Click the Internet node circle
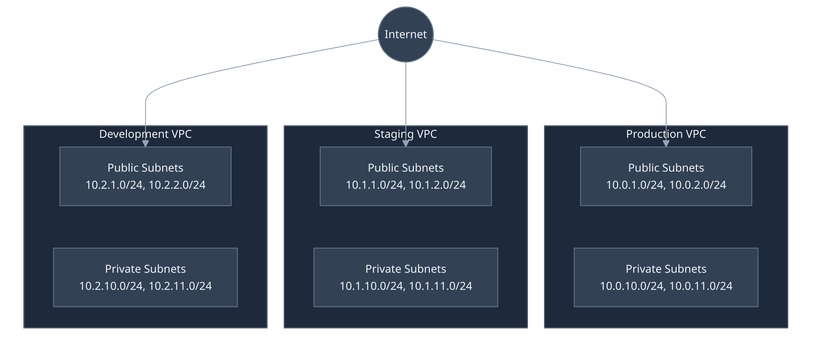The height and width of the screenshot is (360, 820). (405, 35)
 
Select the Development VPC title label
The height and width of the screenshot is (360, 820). (145, 134)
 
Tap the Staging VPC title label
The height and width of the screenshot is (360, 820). (405, 134)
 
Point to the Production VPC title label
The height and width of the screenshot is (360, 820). (666, 134)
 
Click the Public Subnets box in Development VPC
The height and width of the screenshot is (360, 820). (145, 176)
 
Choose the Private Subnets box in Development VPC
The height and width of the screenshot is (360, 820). (145, 277)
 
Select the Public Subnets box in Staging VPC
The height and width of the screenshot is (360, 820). (405, 176)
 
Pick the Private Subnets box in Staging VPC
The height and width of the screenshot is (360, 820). (405, 277)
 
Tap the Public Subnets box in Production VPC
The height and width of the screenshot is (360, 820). (666, 176)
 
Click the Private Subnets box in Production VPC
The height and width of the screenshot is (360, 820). (666, 277)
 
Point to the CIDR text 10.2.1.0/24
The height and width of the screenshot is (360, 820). (115, 185)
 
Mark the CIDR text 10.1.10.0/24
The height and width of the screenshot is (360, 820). (371, 286)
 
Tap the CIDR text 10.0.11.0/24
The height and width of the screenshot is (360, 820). (701, 286)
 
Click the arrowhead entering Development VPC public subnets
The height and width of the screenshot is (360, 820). (145, 143)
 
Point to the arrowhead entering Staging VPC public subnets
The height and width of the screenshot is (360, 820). (405, 143)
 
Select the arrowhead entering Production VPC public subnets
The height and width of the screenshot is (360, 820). (666, 143)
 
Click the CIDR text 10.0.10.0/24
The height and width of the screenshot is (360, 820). (631, 286)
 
